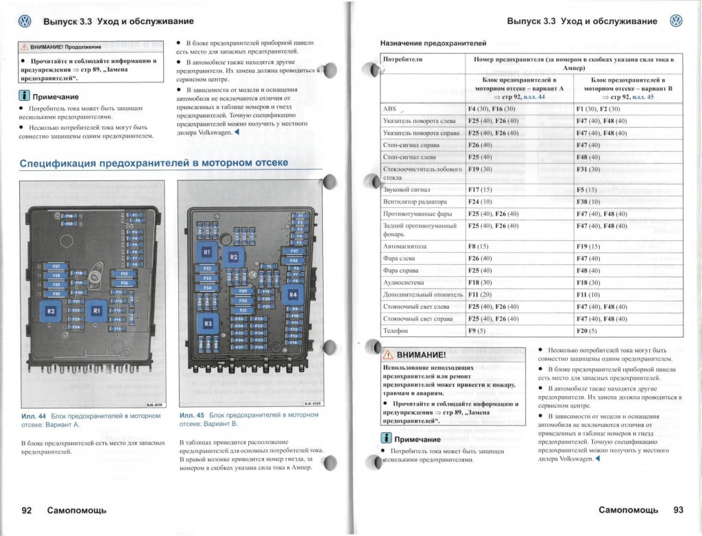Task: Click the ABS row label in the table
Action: pos(389,109)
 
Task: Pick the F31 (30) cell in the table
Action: pos(588,169)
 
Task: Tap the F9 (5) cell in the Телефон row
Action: pos(476,331)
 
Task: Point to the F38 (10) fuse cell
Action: pos(588,202)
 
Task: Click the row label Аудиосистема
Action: pos(404,282)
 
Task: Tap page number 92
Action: pos(27,510)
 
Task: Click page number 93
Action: pos(678,510)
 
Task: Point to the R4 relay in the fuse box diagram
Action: pos(293,294)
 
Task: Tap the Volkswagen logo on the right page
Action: pos(676,21)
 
